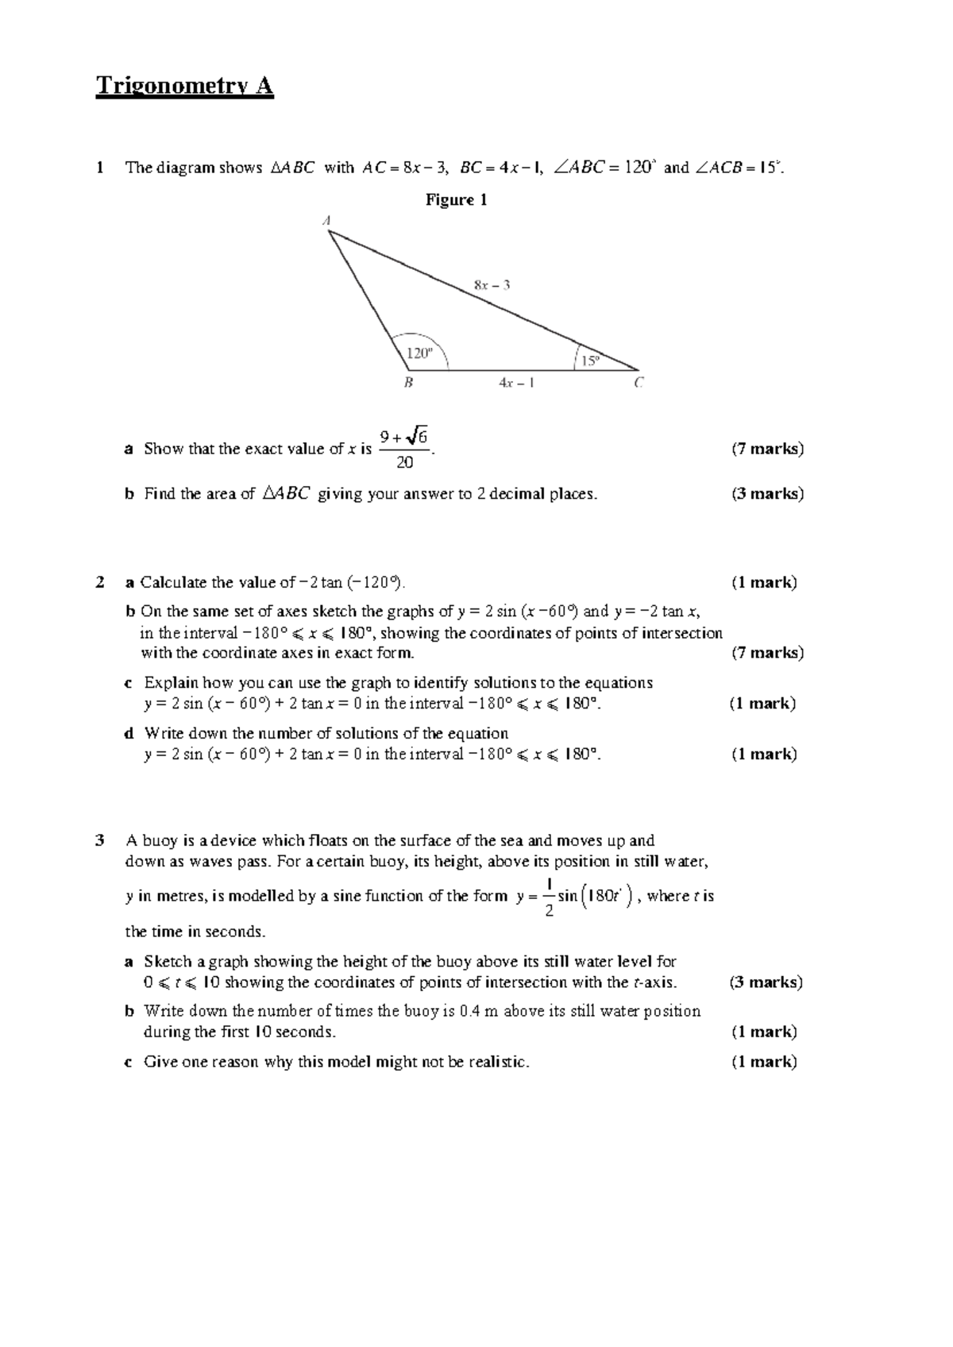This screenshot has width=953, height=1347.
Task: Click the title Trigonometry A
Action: coord(184,86)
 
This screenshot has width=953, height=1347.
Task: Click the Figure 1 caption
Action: coord(456,200)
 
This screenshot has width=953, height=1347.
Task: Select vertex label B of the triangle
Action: coord(408,383)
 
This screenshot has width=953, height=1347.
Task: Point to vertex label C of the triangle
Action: coord(639,383)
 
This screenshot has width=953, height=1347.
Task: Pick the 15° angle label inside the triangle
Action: coord(590,361)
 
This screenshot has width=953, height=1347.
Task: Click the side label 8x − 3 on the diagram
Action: coord(492,284)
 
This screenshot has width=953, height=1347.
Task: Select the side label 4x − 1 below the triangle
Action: coord(516,383)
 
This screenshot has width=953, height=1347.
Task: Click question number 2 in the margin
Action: coord(99,582)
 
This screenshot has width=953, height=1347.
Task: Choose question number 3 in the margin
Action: coord(99,840)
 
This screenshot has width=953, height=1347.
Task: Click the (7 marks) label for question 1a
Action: coord(767,449)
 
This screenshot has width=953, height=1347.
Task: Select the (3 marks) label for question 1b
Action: coord(767,494)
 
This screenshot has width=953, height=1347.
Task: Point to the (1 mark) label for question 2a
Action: coord(764,582)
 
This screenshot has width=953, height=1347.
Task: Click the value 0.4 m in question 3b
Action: coord(479,1011)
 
